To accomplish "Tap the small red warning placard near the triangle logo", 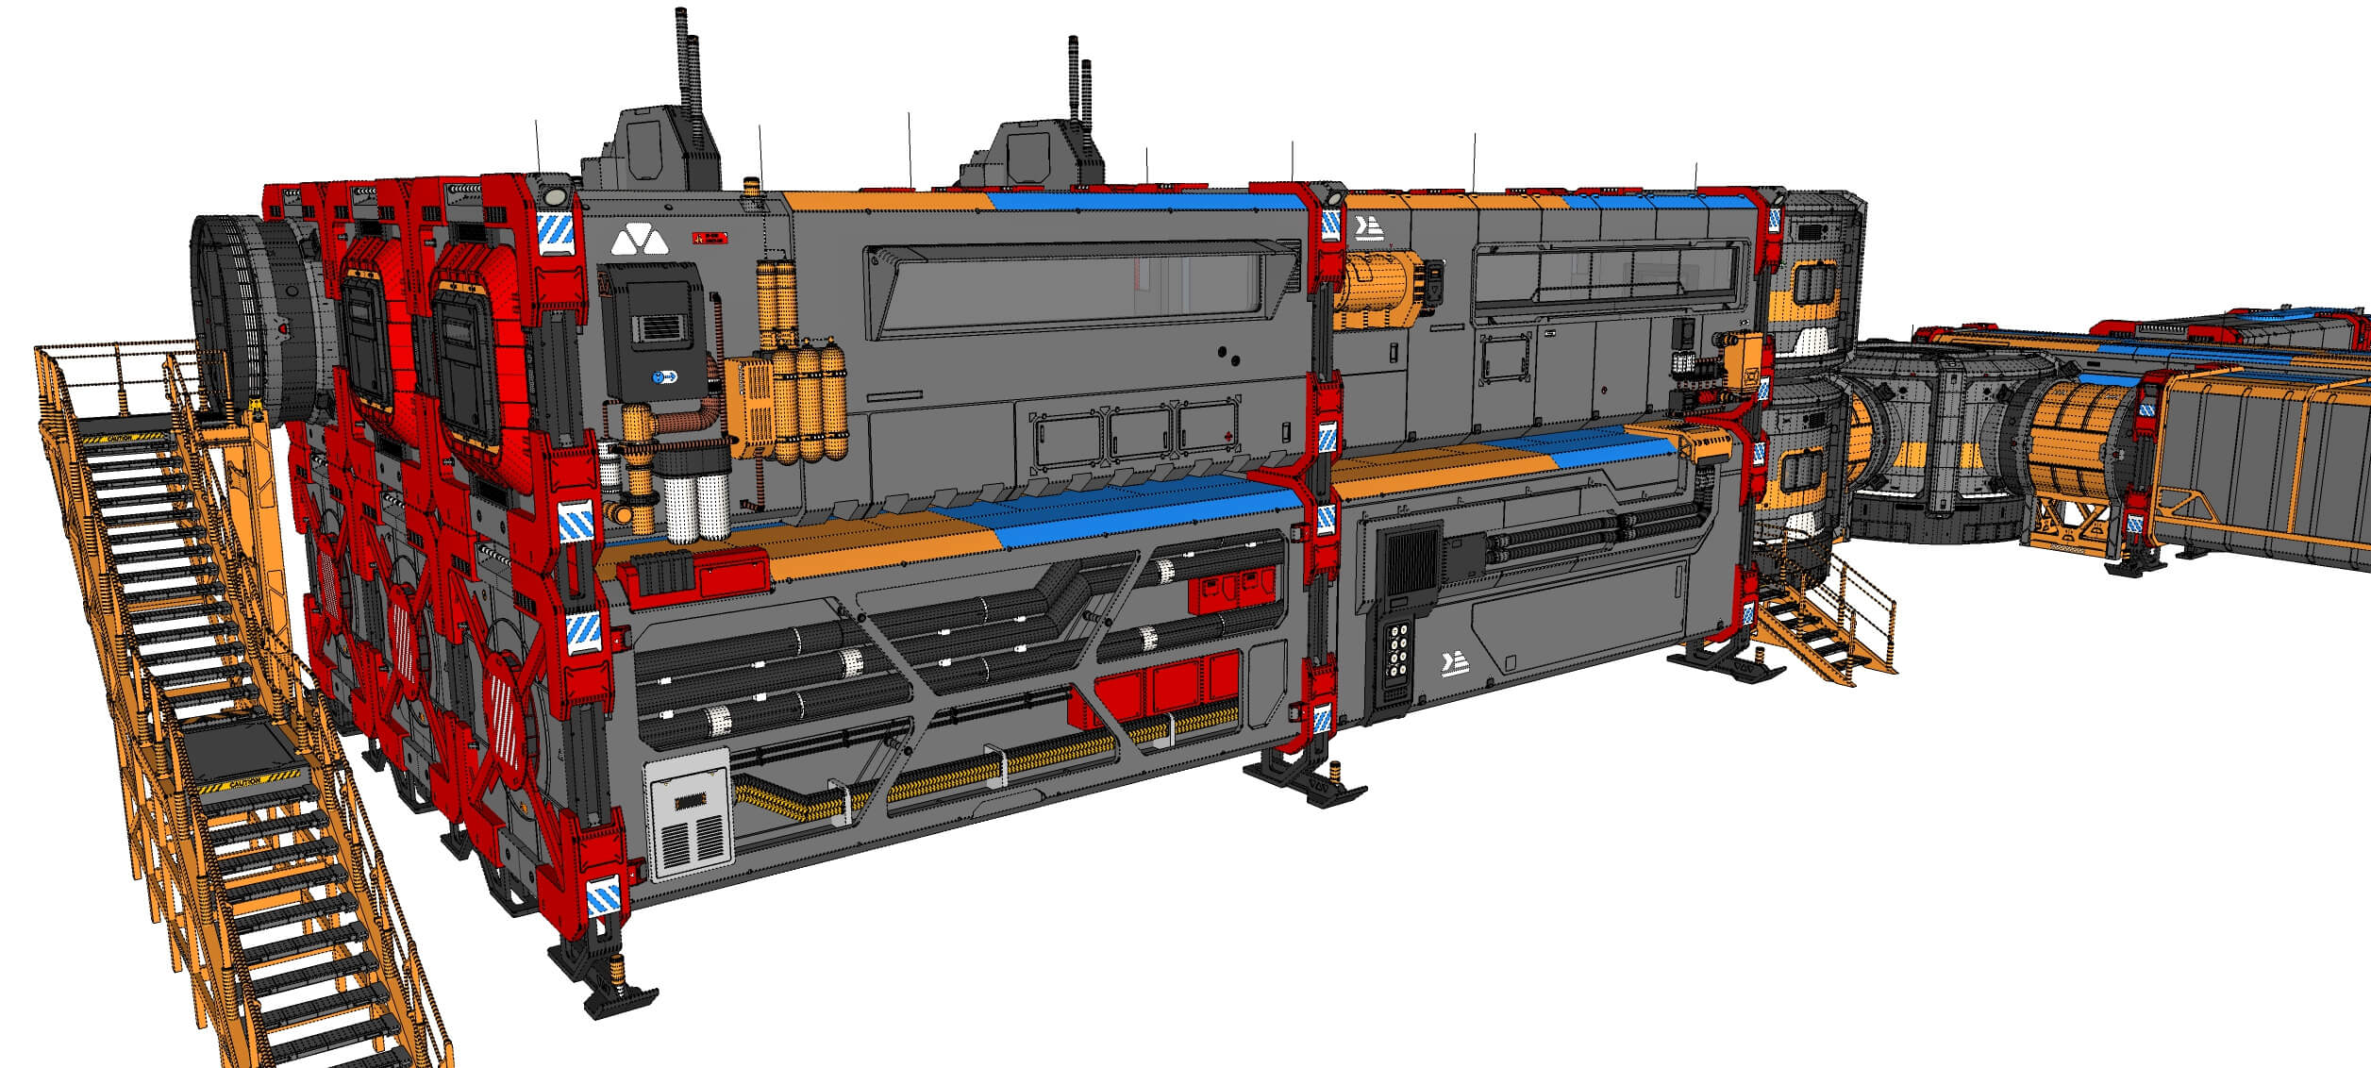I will (710, 239).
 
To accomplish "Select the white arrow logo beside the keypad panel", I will (1455, 666).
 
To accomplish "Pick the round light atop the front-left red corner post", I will (555, 197).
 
